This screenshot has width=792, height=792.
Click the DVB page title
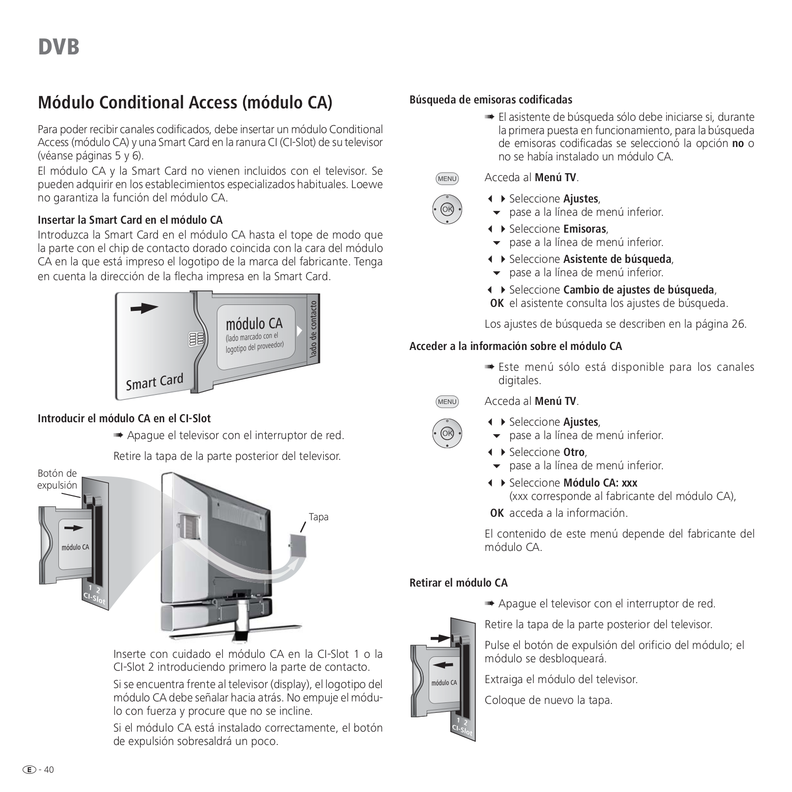pos(58,47)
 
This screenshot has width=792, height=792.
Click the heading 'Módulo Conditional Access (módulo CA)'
pos(185,102)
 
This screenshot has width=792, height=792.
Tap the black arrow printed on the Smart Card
pos(144,308)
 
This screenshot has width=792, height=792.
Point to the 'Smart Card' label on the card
pos(154,382)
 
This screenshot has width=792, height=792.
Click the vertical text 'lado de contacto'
pos(313,330)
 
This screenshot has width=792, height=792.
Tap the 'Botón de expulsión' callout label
pos(57,479)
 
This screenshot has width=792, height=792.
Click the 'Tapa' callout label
pos(318,517)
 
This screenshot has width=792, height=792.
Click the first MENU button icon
pos(447,179)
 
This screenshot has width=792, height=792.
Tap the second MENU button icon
pos(447,402)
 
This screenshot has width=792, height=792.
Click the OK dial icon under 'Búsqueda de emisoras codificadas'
pos(447,209)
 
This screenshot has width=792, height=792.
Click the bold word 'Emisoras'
pos(585,229)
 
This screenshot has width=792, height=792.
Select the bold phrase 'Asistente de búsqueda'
pos(617,259)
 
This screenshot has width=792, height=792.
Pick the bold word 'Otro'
pos(574,452)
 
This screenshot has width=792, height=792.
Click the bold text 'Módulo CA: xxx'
pos(600,483)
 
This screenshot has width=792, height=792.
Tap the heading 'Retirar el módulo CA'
pos(458,583)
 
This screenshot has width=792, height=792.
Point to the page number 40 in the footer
pos(49,770)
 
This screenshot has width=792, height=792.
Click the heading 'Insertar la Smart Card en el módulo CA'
pos(130,220)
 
